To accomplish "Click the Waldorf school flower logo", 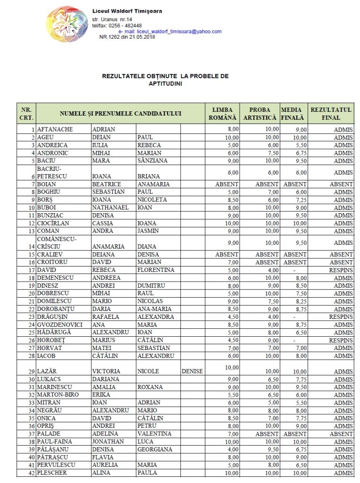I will pos(67,24).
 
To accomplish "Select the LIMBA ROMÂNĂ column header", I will pos(222,114).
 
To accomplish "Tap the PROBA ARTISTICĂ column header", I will pos(260,114).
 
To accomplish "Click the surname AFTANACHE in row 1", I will pos(56,130).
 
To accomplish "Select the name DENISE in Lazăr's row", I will pos(192,371).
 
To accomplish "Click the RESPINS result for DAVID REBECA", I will pos(341,270).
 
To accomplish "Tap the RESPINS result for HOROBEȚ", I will pos(341,340).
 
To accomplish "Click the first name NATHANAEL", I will pos(110,208).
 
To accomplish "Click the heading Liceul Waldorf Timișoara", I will pos(127,11).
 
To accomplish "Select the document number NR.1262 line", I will pos(127,37).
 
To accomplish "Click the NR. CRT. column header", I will pos(26,114).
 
